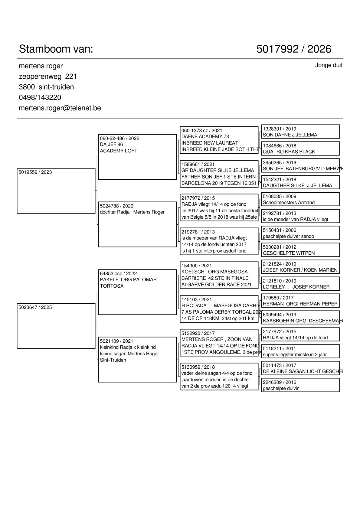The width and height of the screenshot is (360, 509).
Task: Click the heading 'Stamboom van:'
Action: point(56,49)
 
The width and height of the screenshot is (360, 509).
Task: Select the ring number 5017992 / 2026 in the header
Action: point(294,49)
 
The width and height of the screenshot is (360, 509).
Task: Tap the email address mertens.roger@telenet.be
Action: point(60,108)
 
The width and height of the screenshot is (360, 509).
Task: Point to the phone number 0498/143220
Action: point(40,97)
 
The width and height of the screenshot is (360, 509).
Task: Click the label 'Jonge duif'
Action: point(329,65)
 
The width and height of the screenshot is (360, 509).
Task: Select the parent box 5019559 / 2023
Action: point(56,191)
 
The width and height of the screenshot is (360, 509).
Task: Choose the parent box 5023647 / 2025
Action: point(56,326)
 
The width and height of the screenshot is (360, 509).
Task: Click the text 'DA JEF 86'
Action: point(112,145)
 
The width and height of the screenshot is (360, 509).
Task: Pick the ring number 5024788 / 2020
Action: point(117,206)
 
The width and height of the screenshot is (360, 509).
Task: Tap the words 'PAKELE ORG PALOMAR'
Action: point(128,280)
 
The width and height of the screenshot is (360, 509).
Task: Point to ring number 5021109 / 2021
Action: point(117,341)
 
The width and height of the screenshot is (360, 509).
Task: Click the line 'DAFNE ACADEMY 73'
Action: point(205,137)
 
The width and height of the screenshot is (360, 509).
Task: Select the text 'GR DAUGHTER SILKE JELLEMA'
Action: point(218,170)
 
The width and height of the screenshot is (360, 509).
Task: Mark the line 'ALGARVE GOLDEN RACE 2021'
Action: point(216,285)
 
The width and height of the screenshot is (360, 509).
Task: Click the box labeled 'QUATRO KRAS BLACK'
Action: point(300,148)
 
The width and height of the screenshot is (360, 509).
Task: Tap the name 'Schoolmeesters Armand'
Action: point(289,203)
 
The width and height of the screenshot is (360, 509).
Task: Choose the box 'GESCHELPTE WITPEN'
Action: point(300,250)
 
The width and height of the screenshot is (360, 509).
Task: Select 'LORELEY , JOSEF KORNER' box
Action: point(300,284)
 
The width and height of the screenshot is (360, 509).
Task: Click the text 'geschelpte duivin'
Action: point(281,389)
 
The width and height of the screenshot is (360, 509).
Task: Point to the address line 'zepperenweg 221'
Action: point(48,76)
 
